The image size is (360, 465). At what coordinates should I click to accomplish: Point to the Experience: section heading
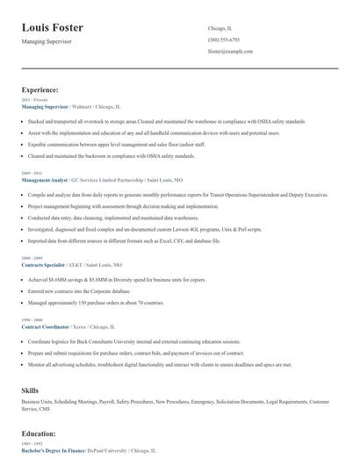tap(40, 89)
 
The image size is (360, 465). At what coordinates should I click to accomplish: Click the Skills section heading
tap(31, 388)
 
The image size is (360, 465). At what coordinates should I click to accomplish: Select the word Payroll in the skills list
tap(111, 400)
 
